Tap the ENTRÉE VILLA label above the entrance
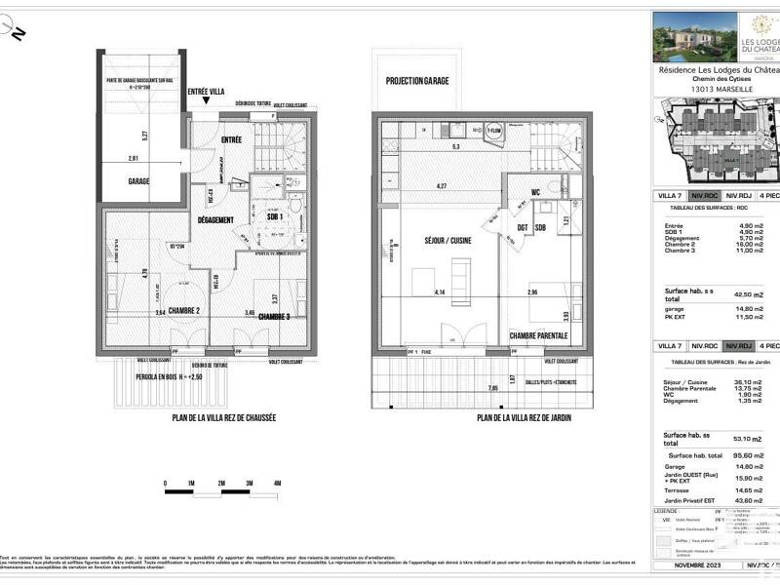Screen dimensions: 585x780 [x=206, y=91]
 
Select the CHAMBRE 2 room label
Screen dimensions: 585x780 [x=183, y=311]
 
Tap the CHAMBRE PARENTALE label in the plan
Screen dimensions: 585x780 [x=538, y=335]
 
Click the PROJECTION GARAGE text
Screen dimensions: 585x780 [x=416, y=81]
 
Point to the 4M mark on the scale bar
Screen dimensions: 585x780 [x=278, y=484]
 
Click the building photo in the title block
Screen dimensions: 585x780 [x=687, y=36]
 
